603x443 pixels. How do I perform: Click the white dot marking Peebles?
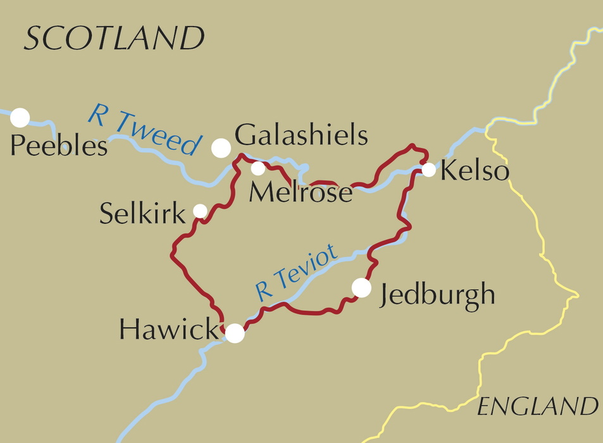click(x=20, y=117)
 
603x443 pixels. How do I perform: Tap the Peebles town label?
click(x=59, y=147)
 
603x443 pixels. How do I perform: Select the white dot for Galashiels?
click(x=221, y=147)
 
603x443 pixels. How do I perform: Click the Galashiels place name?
click(x=301, y=135)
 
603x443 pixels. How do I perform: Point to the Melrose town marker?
click(x=258, y=168)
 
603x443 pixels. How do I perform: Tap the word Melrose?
click(x=301, y=192)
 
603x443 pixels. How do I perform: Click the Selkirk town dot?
click(x=200, y=210)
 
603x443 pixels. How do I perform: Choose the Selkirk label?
click(x=142, y=215)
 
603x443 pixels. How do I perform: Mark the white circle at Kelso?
click(x=428, y=170)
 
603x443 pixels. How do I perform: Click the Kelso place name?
click(x=475, y=171)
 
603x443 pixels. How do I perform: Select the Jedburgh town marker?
click(x=361, y=287)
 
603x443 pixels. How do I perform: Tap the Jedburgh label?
click(x=437, y=296)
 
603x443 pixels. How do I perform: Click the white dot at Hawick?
click(x=235, y=333)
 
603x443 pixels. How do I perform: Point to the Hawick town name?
click(x=168, y=329)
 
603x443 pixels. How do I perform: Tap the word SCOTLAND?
click(x=114, y=39)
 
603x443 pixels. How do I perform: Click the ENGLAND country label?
click(x=537, y=406)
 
